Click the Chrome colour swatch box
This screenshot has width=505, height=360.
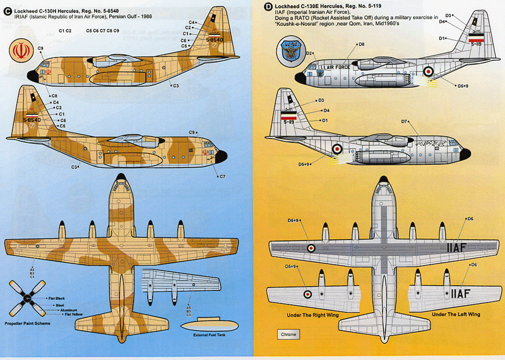click(287, 334)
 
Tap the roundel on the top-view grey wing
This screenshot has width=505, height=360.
click(311, 248)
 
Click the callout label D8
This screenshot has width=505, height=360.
click(361, 44)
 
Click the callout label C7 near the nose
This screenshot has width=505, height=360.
click(222, 176)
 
